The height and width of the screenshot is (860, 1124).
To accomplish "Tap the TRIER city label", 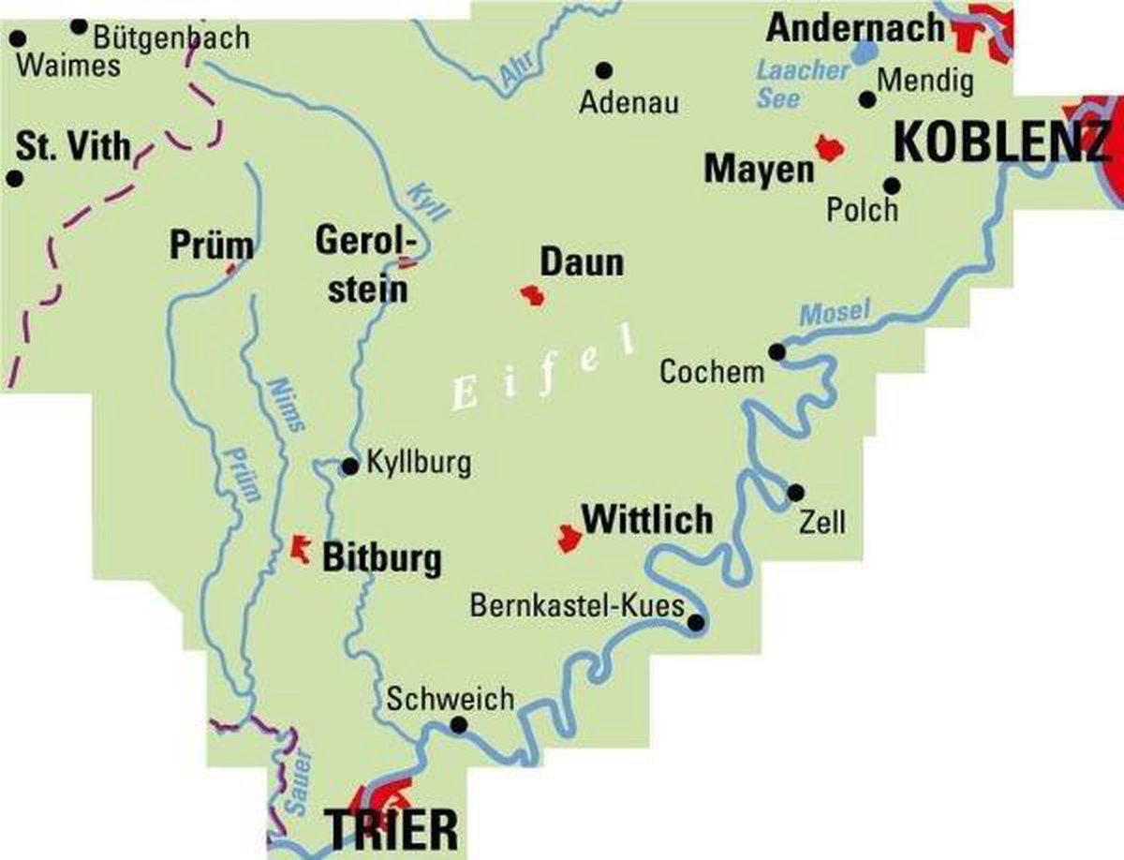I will pyautogui.click(x=392, y=828).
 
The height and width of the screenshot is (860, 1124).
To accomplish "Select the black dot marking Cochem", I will pyautogui.click(x=776, y=351).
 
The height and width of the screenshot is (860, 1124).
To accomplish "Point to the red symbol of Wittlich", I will pyautogui.click(x=568, y=539).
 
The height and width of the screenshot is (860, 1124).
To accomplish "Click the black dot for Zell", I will pyautogui.click(x=795, y=491).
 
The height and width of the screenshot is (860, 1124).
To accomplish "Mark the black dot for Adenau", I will pyautogui.click(x=604, y=69).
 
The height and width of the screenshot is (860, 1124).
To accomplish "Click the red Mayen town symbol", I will pyautogui.click(x=829, y=147).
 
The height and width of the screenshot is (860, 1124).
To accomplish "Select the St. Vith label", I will pyautogui.click(x=73, y=147).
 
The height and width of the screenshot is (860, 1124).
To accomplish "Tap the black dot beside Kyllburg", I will pyautogui.click(x=349, y=466).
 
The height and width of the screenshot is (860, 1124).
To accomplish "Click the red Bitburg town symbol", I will pyautogui.click(x=301, y=546).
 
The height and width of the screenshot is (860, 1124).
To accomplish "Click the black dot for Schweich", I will pyautogui.click(x=459, y=724).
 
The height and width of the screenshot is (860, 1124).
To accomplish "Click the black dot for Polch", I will pyautogui.click(x=892, y=185).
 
